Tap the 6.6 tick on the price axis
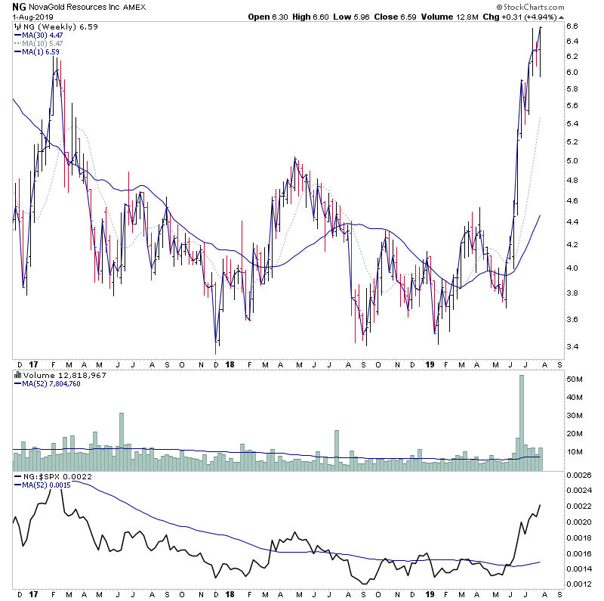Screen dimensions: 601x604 pos(572,26)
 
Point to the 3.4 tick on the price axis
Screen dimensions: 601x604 pos(572,347)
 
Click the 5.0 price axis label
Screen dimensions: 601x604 pos(572,160)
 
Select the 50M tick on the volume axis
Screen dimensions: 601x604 pos(575,379)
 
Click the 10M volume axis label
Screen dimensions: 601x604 pos(575,452)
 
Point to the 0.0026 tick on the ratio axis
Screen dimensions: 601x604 pos(580,475)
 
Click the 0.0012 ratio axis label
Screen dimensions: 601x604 pos(580,584)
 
